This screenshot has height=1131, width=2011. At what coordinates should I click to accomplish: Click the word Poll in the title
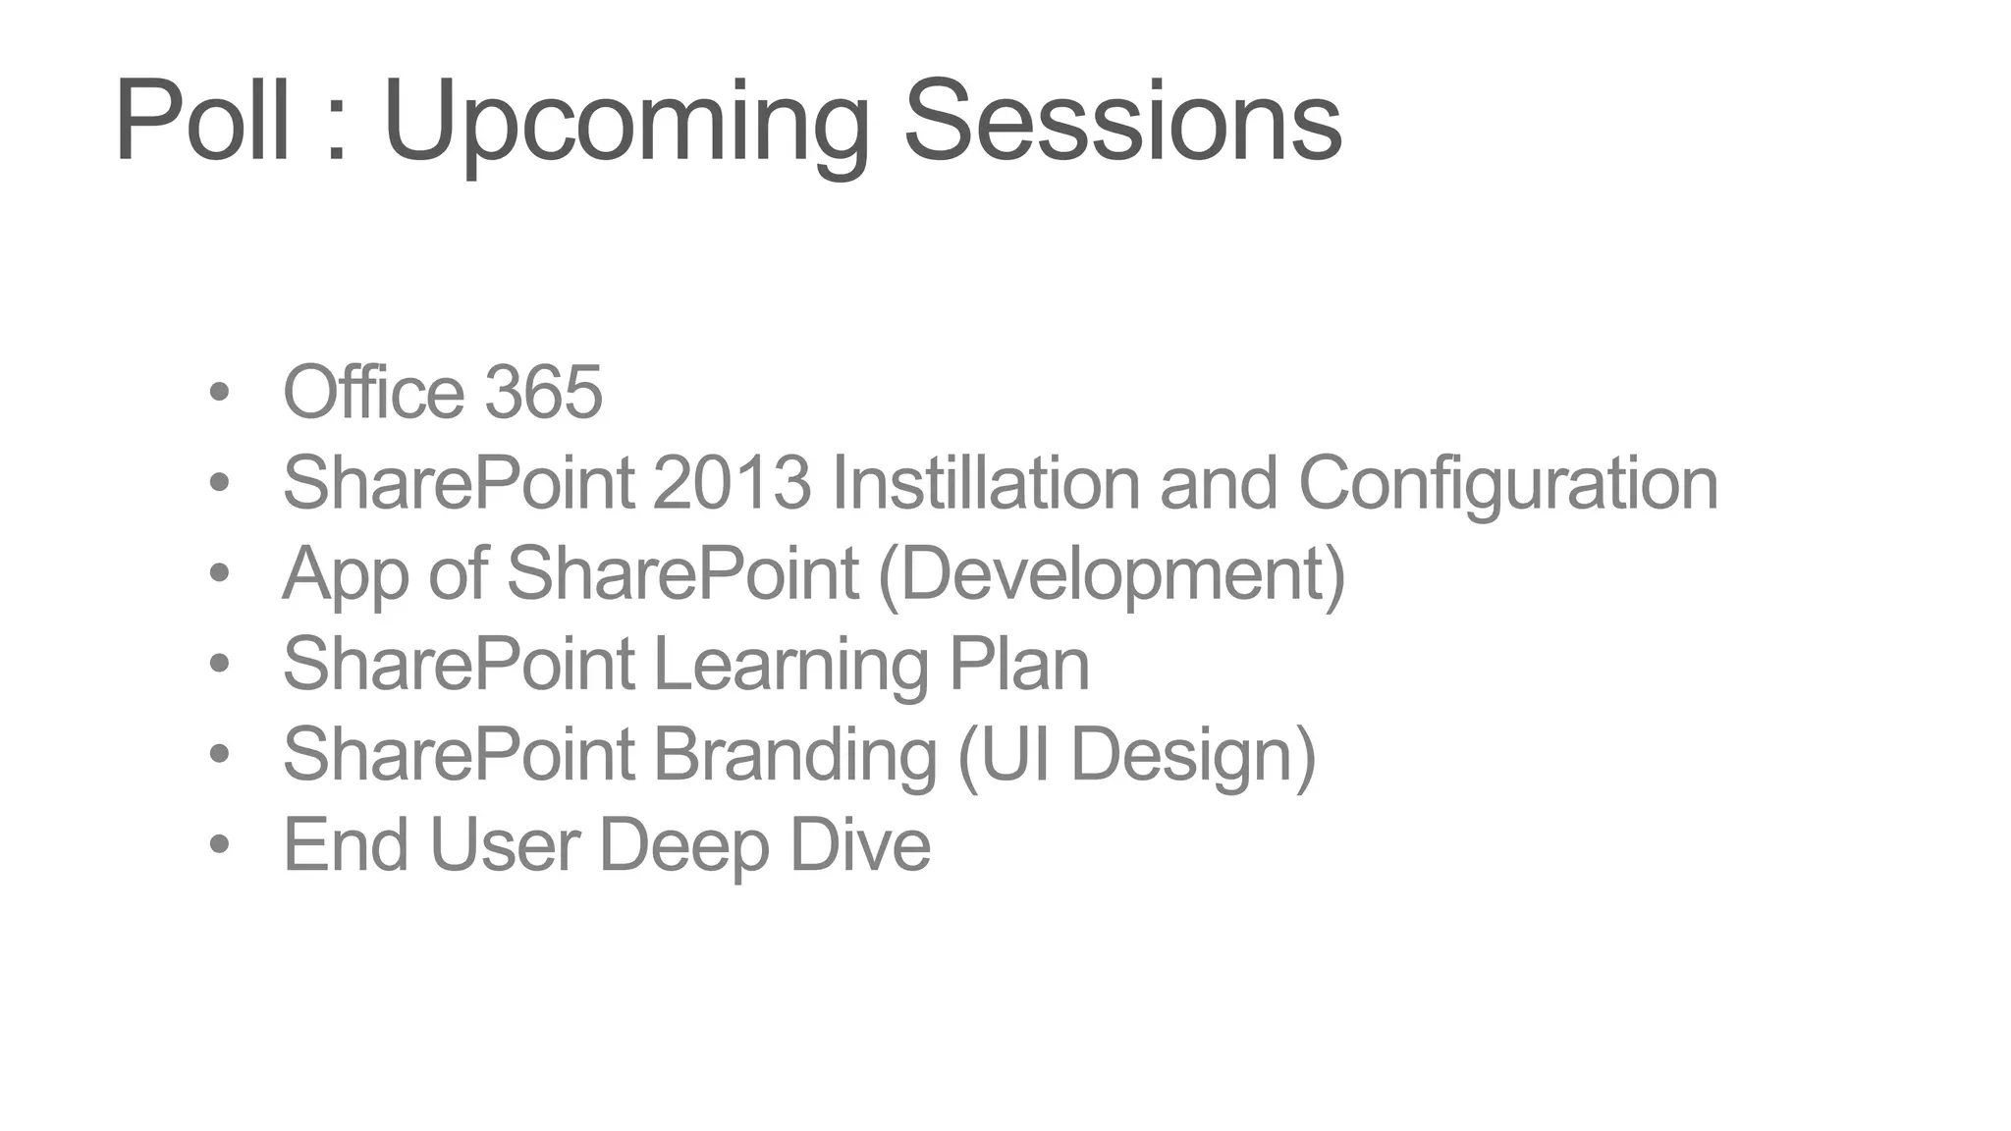(202, 122)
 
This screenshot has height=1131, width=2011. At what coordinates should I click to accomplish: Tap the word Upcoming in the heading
(625, 124)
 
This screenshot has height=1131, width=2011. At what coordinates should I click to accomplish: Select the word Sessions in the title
(1121, 122)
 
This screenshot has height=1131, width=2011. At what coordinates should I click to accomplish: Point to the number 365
(543, 393)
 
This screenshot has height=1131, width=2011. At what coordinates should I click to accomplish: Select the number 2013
(732, 483)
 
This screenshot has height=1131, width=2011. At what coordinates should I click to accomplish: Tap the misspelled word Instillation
(986, 483)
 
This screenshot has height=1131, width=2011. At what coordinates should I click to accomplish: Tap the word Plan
(1019, 665)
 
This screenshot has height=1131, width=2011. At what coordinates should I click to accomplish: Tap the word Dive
(860, 845)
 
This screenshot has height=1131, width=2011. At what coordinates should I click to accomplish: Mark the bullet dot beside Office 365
(219, 393)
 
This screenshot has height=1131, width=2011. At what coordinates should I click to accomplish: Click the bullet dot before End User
(219, 844)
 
